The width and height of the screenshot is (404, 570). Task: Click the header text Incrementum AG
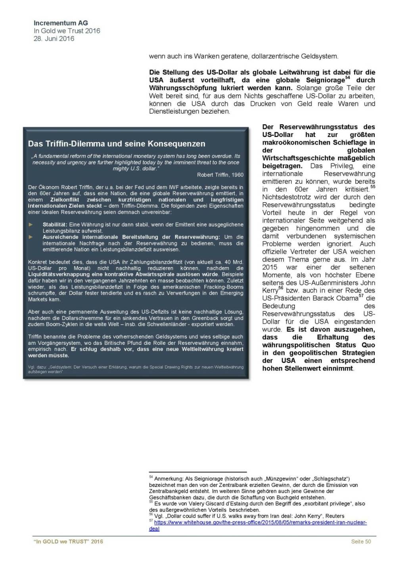point(61,23)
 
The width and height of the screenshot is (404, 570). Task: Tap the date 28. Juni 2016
point(54,38)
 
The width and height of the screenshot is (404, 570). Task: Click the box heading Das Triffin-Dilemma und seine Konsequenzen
point(117,144)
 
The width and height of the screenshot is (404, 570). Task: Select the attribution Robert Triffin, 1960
point(220,175)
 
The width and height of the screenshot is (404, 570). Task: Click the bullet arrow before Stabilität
point(31,224)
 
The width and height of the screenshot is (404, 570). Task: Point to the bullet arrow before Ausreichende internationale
point(31,237)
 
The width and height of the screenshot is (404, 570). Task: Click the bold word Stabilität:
point(55,224)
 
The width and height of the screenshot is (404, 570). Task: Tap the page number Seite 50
point(361,541)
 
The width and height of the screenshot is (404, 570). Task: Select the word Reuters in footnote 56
point(335,516)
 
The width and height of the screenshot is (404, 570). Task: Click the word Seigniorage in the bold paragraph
point(325,80)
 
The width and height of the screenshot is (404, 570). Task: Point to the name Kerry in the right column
point(270,291)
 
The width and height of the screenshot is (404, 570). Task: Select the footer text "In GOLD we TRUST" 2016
point(68,541)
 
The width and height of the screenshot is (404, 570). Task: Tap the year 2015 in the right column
point(270,267)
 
